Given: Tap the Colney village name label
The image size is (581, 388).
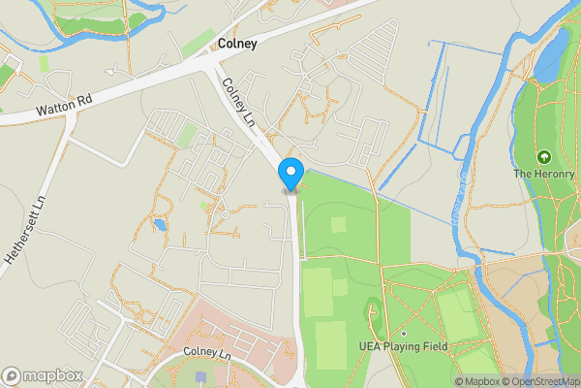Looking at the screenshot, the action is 237,44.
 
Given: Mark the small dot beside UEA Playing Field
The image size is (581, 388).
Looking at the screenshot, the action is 404,334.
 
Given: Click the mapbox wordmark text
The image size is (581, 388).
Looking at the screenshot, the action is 46,375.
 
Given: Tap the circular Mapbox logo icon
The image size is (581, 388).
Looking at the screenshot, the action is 12,375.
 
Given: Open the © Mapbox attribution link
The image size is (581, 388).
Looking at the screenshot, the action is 480,381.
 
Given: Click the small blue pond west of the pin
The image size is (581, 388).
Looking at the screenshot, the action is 159,224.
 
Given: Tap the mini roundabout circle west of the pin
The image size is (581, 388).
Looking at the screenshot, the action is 224,213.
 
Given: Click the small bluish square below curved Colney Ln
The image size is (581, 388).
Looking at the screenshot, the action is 200,376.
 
